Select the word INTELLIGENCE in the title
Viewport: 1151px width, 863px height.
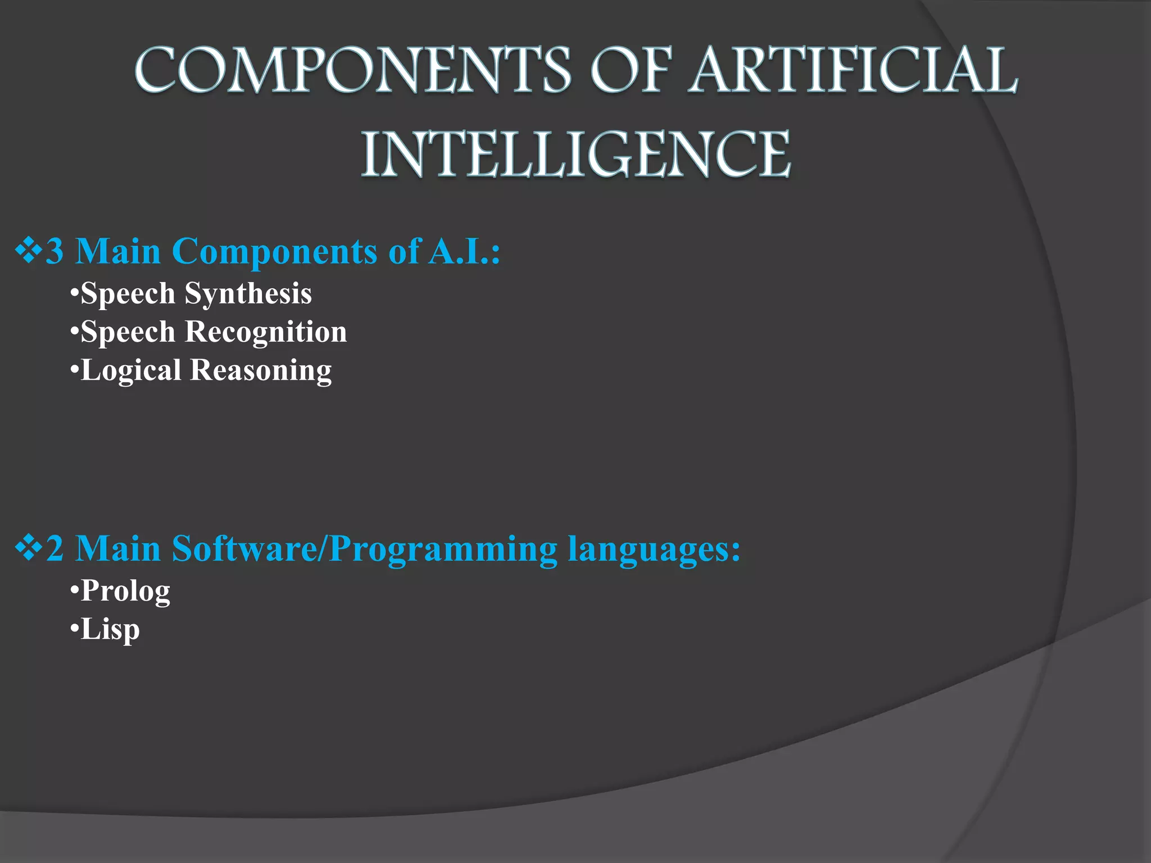pyautogui.click(x=575, y=155)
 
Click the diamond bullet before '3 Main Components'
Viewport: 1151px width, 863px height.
pyautogui.click(x=28, y=251)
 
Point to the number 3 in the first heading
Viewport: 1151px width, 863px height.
pyautogui.click(x=55, y=251)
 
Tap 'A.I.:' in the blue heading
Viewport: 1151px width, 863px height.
pyautogui.click(x=464, y=251)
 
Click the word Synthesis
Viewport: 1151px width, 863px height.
pyautogui.click(x=248, y=293)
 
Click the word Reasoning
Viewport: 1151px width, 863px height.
pyautogui.click(x=261, y=370)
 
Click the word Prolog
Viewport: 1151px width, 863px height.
pyautogui.click(x=125, y=591)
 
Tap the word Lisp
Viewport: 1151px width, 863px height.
pyautogui.click(x=110, y=629)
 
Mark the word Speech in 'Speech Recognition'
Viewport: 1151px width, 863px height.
pyautogui.click(x=128, y=331)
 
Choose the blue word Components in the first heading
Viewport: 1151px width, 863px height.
pyautogui.click(x=274, y=251)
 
